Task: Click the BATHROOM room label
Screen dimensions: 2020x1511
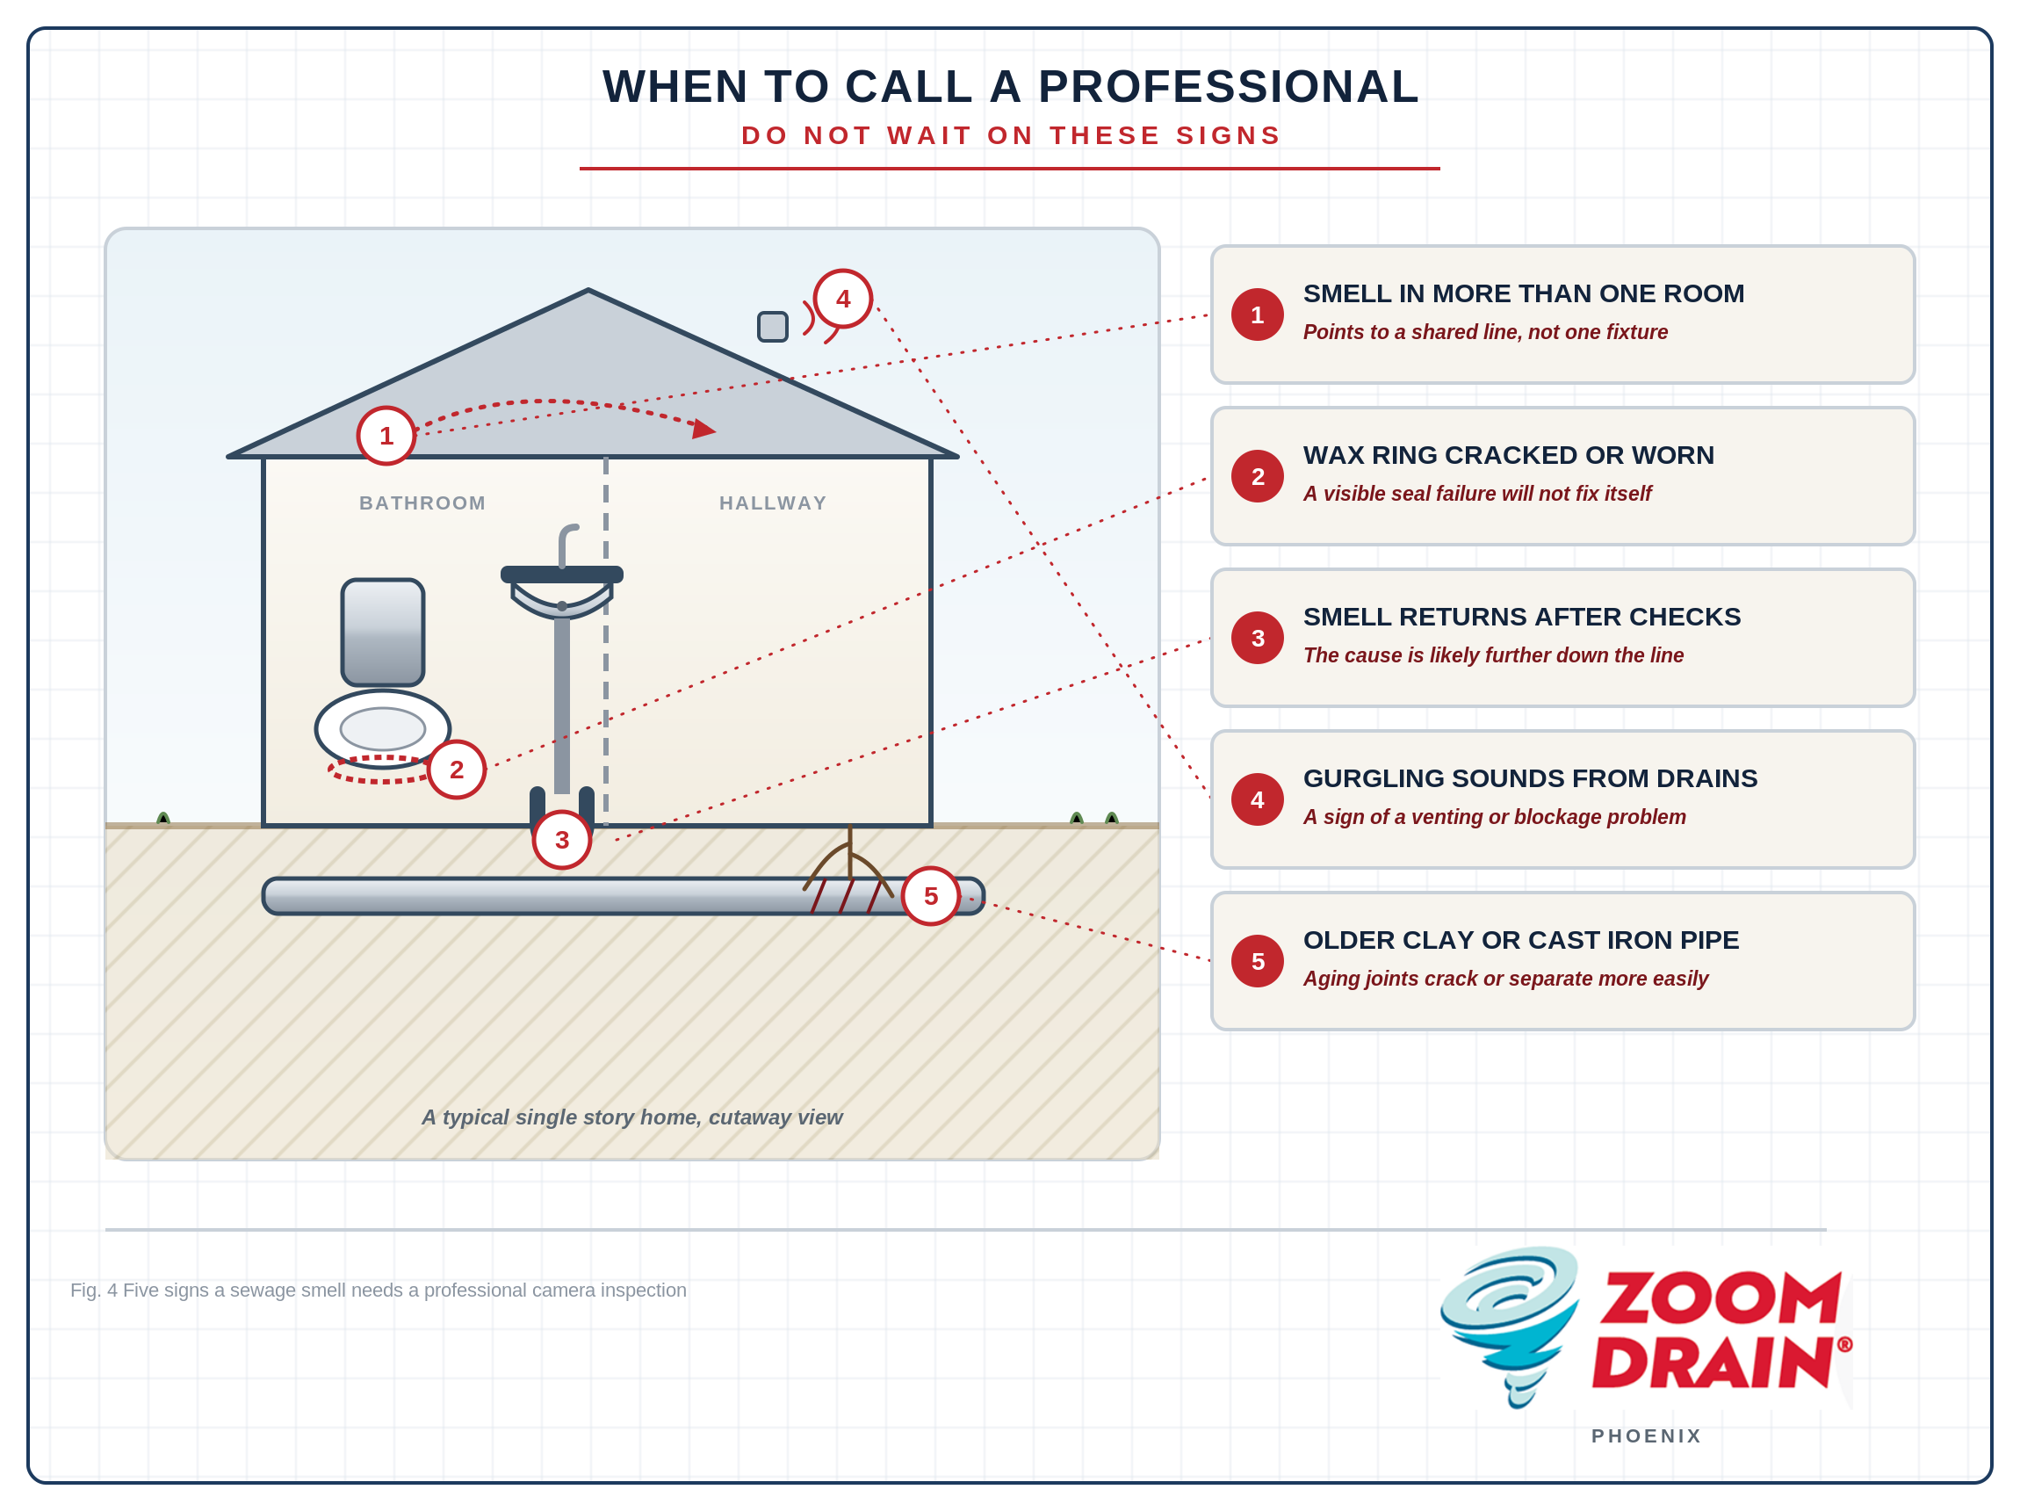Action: pos(422,503)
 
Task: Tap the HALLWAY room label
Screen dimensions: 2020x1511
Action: pos(773,503)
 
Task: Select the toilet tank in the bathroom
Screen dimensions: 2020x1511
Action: pos(383,633)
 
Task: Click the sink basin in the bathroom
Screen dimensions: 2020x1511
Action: pos(561,594)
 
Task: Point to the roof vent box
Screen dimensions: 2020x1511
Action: pos(773,326)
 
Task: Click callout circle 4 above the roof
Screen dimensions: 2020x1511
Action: pos(843,299)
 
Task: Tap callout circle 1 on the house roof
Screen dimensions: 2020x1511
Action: pos(386,436)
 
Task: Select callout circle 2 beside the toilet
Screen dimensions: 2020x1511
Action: pos(457,770)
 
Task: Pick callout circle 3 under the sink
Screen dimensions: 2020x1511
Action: pos(561,841)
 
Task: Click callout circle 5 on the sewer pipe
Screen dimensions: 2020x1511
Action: pos(931,896)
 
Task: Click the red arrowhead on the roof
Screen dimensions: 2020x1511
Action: pos(704,429)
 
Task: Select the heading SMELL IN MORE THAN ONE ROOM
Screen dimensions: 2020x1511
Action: pos(1523,293)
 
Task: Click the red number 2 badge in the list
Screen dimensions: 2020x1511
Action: pos(1258,476)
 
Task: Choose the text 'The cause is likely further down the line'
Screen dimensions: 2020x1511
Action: pos(1493,655)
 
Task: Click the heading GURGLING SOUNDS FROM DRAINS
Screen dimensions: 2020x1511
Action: pos(1530,778)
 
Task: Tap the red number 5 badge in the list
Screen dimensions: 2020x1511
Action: pos(1258,961)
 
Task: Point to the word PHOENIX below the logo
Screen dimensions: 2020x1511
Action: pos(1647,1436)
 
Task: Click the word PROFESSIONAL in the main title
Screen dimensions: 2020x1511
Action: pos(1229,87)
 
